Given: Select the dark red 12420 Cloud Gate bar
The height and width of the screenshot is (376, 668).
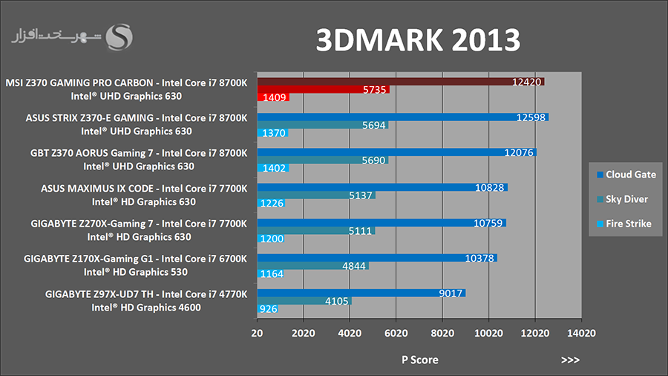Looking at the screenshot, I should [401, 81].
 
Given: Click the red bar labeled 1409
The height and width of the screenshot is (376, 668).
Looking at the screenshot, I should [272, 97].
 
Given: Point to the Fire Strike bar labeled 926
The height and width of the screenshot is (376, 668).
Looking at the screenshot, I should [267, 308].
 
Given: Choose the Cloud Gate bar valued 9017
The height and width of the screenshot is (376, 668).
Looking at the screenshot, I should [361, 293].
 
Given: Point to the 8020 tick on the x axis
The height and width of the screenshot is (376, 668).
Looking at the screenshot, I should [442, 334].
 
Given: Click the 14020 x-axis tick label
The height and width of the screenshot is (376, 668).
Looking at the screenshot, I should [580, 334].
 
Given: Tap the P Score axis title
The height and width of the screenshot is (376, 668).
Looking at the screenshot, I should [419, 360].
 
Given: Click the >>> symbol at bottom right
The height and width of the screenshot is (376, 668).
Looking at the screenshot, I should [570, 360].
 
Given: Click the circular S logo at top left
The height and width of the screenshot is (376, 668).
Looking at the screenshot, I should [120, 37].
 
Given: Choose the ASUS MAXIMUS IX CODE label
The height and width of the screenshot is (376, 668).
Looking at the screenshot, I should [143, 188].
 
